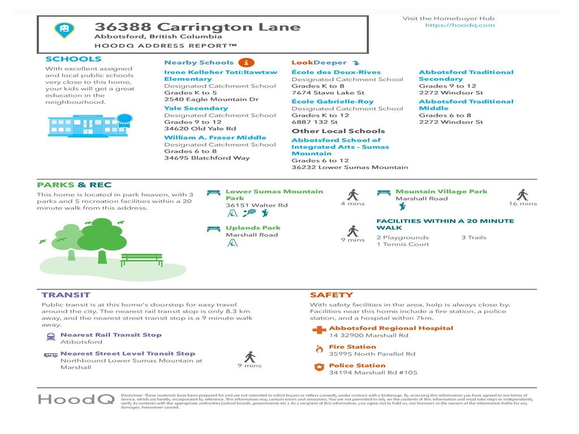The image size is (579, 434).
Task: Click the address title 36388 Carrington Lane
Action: (x=197, y=27)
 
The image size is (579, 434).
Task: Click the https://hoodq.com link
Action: (x=459, y=25)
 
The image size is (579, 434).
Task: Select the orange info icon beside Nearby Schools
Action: (x=245, y=62)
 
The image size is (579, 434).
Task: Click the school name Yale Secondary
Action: (x=196, y=108)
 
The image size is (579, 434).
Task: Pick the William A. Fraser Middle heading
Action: (x=215, y=137)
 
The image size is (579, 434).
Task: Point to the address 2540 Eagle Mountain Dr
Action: (x=211, y=99)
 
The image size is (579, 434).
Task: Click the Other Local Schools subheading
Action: (x=338, y=131)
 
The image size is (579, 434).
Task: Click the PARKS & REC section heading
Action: (x=74, y=185)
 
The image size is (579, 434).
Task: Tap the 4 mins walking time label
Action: (x=352, y=203)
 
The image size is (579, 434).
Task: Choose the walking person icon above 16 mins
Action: (x=522, y=195)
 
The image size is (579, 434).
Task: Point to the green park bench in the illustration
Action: (x=141, y=259)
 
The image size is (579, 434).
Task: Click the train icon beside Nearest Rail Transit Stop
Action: (x=50, y=337)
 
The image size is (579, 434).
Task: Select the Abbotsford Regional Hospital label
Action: (x=391, y=328)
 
